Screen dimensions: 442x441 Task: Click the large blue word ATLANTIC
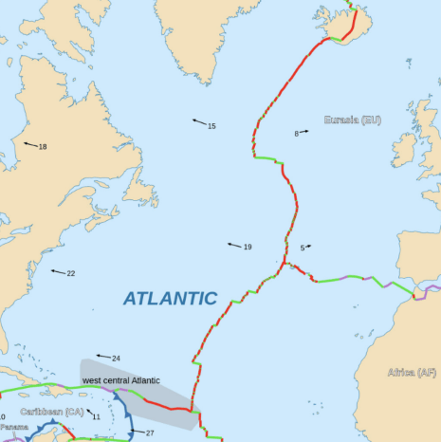[170, 298]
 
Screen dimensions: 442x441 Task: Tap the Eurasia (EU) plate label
[352, 120]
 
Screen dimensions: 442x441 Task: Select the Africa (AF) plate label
[413, 373]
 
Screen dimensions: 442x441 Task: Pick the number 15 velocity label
[211, 126]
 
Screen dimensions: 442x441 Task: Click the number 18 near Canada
[43, 147]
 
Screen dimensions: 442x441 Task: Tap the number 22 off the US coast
[71, 274]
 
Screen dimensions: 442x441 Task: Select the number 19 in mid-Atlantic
[247, 248]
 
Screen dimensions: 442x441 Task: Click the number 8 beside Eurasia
[296, 134]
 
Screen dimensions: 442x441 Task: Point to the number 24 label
[116, 359]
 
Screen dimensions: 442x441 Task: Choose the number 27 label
[149, 433]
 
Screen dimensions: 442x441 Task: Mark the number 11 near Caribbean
[97, 416]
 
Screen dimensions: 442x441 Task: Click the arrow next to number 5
[308, 247]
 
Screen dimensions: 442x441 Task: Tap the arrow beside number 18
[29, 144]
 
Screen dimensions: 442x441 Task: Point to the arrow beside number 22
[58, 272]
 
